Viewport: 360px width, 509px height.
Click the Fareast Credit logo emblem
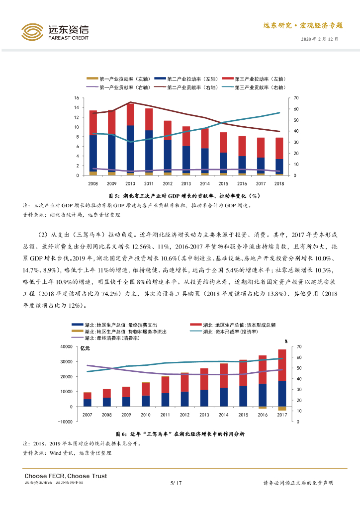tap(32, 32)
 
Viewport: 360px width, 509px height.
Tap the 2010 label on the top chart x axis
tap(130, 183)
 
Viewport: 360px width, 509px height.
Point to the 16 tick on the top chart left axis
tap(76, 97)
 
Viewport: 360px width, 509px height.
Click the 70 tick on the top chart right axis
tap(296, 97)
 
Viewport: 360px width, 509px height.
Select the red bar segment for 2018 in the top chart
tap(279, 148)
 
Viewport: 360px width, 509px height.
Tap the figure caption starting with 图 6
tap(180, 434)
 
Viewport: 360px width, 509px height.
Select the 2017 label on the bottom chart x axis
tap(282, 415)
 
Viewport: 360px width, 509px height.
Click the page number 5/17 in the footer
tap(176, 483)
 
